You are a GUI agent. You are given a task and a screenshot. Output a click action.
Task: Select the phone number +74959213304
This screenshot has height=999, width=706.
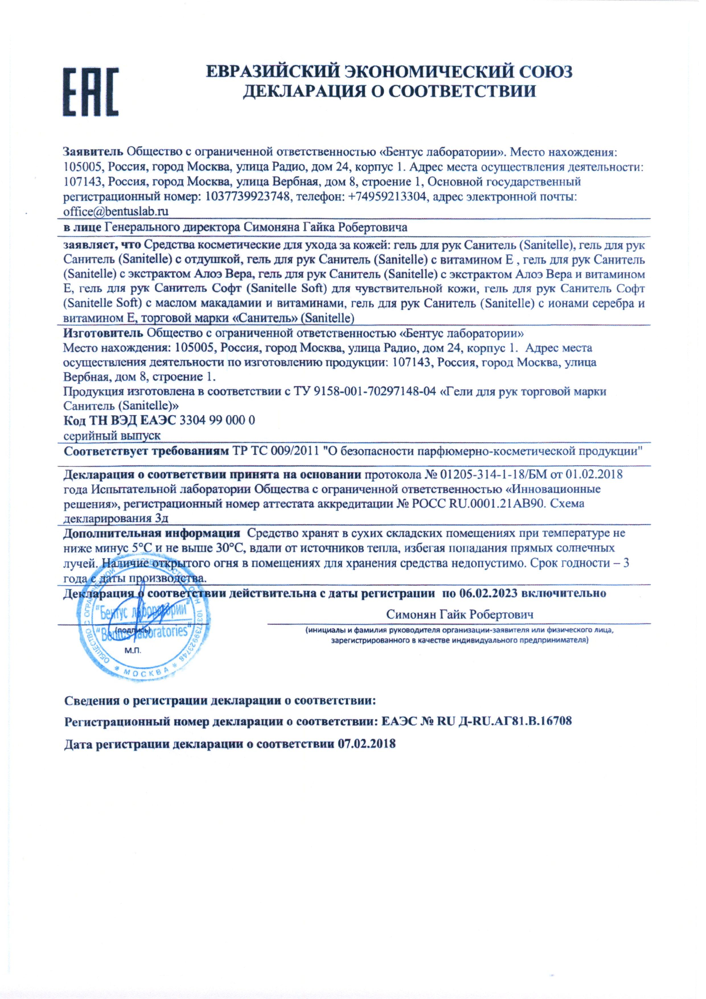(389, 197)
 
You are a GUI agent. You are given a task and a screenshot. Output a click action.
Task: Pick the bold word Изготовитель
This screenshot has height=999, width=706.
(103, 334)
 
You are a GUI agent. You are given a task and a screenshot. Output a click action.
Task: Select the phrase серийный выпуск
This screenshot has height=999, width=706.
(112, 435)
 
